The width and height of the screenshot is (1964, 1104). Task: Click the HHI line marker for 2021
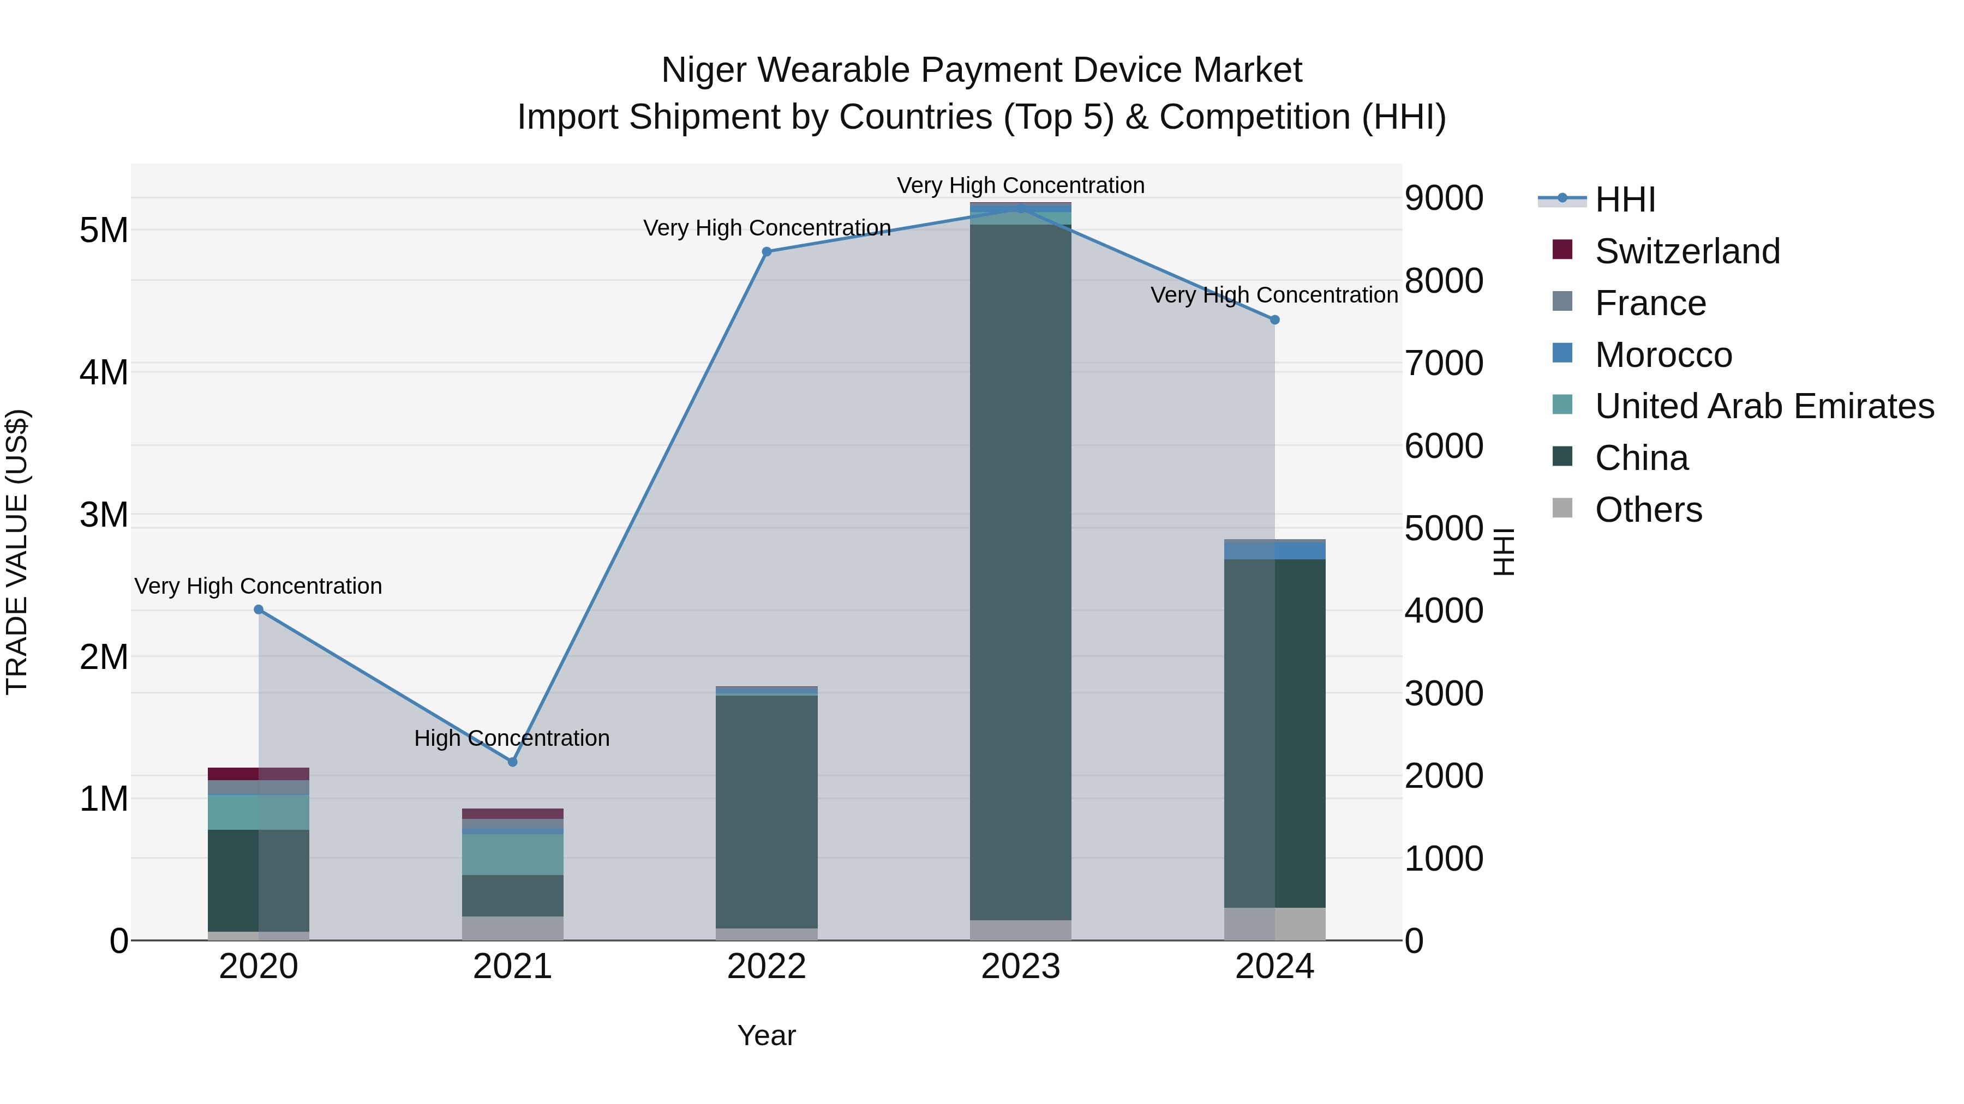point(512,762)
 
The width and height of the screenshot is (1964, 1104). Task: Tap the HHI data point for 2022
point(767,251)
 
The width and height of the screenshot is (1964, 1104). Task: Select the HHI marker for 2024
point(1275,320)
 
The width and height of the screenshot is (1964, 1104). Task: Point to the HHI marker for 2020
point(259,610)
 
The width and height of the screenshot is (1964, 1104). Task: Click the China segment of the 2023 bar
point(1020,571)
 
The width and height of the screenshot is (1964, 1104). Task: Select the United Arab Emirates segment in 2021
point(512,854)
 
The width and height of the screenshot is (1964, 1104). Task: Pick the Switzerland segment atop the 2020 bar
point(259,773)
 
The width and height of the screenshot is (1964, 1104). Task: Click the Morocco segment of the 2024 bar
point(1275,550)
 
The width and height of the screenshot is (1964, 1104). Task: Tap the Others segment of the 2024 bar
point(1275,924)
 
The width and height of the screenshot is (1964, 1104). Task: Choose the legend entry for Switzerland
point(1686,251)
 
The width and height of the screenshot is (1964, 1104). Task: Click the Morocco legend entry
point(1663,355)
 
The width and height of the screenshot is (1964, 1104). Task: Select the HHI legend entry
point(1624,200)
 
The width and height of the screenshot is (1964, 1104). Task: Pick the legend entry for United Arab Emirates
point(1763,406)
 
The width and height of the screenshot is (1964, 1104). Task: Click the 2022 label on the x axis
point(767,967)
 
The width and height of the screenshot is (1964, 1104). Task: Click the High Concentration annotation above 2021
point(512,738)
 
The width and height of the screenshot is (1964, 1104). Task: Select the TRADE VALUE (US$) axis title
point(17,552)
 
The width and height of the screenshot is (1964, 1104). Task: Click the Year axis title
point(767,1035)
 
